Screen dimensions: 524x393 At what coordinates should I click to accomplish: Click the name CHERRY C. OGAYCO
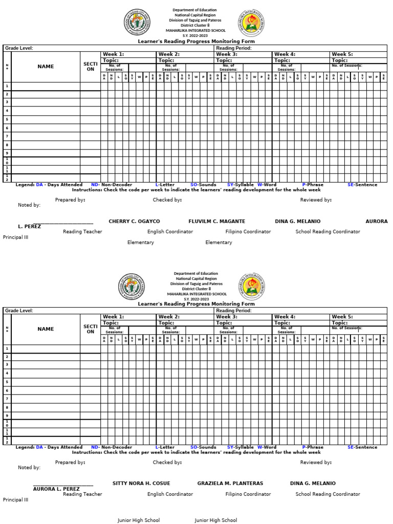[134, 221]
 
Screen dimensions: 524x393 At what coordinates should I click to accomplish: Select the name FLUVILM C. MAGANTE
[216, 221]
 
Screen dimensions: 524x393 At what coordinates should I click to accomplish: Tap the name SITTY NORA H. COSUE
[141, 483]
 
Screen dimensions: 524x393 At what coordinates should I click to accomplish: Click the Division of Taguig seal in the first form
[137, 24]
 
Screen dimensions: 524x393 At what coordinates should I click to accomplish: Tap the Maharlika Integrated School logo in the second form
[251, 286]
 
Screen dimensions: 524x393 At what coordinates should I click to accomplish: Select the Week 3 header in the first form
[227, 54]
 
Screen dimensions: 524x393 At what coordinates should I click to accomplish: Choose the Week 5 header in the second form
[342, 317]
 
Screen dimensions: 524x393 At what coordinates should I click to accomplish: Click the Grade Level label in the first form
[19, 48]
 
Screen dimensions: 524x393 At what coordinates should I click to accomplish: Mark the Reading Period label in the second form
[233, 311]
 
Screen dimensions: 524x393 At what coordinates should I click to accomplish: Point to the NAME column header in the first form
[46, 67]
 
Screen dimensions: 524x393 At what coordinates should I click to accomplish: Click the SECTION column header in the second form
[90, 329]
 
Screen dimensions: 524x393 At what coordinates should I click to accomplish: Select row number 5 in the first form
[7, 119]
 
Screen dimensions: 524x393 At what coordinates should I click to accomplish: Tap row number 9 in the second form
[7, 416]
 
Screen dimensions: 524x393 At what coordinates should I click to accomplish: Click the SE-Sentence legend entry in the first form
[362, 185]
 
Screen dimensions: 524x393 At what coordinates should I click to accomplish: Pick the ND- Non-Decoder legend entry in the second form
[112, 447]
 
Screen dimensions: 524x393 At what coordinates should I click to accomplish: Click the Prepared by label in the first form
[70, 200]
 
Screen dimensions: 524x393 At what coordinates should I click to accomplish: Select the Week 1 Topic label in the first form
[111, 60]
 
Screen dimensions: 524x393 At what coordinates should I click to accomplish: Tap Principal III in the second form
[15, 499]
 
